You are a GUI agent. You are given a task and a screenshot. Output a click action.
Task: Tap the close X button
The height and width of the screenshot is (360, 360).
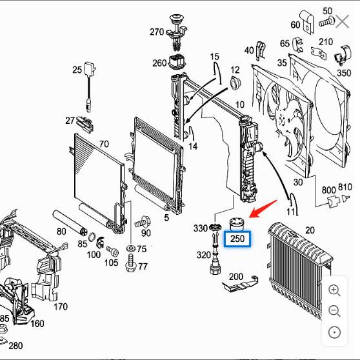coord(343,21)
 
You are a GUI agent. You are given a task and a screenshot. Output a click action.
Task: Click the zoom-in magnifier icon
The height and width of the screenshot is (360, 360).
coord(334,290)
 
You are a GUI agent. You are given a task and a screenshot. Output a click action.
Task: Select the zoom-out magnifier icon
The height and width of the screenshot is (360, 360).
coord(334,312)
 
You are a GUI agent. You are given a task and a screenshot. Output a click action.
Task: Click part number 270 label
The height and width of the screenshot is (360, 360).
coord(157,32)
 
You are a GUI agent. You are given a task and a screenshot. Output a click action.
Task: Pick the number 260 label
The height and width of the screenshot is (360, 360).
coord(159,63)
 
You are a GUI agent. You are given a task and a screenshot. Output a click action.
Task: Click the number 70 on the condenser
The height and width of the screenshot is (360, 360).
coord(103,144)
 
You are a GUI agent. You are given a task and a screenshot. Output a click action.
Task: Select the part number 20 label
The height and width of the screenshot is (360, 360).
coord(310,230)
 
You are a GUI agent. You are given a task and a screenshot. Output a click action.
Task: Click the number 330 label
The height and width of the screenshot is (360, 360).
coord(201,228)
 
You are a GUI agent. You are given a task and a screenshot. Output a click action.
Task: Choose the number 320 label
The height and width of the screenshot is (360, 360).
coord(203,255)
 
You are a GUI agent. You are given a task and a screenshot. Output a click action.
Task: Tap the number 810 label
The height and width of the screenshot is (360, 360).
coord(345,188)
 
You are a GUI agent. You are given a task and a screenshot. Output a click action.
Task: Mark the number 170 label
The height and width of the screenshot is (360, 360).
coord(60,306)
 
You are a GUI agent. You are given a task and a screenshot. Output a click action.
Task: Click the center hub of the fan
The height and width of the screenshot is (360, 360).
coord(285,117)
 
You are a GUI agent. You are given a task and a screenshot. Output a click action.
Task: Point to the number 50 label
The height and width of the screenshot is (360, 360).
coord(327,11)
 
